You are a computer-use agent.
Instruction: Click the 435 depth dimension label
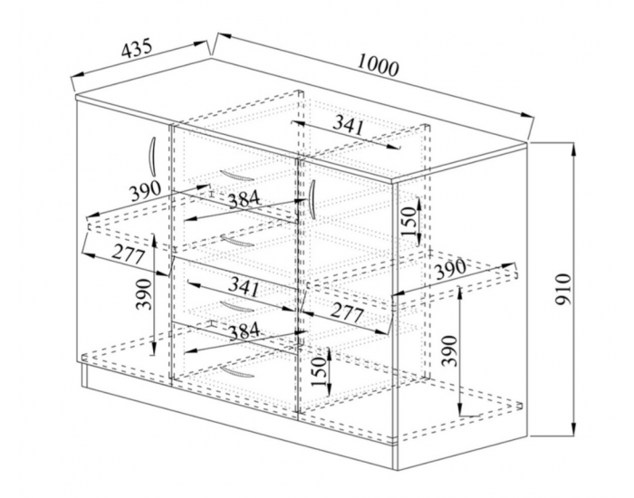point(137,48)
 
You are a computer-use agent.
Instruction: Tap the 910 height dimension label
point(562,289)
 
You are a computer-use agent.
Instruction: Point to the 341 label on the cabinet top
point(348,125)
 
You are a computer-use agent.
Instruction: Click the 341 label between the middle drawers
point(244,287)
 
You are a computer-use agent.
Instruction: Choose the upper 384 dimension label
point(244,199)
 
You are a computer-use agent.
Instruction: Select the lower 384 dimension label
point(244,331)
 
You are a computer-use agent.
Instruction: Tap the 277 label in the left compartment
point(129,254)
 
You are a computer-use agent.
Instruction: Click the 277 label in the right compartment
point(347,312)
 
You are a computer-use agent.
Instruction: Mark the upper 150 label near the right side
point(408,221)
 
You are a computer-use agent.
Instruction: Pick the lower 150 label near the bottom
point(319,371)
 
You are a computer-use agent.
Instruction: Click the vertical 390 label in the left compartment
point(144,294)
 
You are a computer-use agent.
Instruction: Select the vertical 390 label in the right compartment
point(449,350)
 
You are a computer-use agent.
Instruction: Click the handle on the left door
point(152,156)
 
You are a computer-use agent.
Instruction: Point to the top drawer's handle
point(237,176)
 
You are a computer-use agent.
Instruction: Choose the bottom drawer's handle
point(237,372)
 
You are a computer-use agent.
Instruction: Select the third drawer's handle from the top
point(237,307)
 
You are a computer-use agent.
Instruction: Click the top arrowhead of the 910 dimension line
point(573,149)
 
